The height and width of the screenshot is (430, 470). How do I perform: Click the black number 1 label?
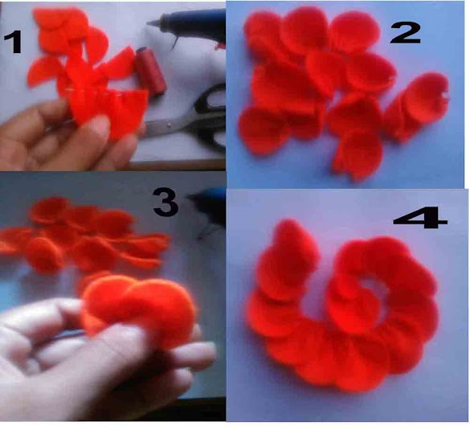tap(13, 43)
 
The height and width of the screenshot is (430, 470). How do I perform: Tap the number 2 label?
tap(405, 33)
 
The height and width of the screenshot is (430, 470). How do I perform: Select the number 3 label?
tap(166, 202)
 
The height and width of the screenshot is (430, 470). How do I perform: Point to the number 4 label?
tap(420, 217)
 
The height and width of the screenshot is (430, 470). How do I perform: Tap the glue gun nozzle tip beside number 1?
tap(149, 23)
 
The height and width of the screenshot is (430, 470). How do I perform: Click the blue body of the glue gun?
tap(192, 23)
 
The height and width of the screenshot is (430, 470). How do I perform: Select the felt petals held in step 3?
tap(139, 307)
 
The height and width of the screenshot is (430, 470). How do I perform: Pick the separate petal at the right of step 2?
tap(417, 105)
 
